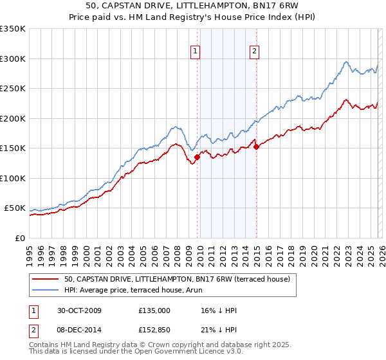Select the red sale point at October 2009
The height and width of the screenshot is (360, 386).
click(x=198, y=157)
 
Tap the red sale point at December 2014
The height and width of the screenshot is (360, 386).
click(x=256, y=147)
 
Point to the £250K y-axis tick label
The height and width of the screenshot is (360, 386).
click(x=13, y=89)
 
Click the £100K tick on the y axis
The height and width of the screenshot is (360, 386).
click(x=13, y=178)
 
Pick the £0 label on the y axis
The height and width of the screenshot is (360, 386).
click(x=19, y=238)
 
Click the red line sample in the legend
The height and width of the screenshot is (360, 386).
click(x=45, y=279)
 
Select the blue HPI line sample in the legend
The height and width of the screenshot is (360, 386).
click(x=45, y=290)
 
